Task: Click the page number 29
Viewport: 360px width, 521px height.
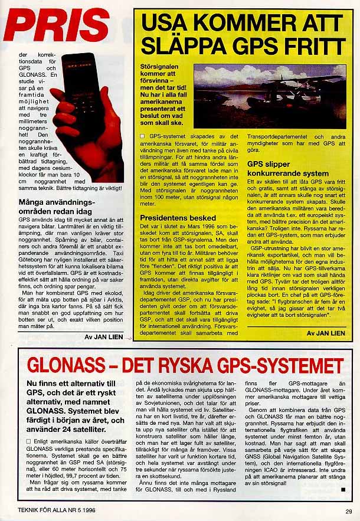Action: pos(348,511)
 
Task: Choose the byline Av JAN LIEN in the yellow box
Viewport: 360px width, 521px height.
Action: pos(325,333)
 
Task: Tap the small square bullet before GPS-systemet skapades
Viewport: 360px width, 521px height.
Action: pos(143,136)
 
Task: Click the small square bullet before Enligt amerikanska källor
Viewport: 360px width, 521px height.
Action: pos(30,441)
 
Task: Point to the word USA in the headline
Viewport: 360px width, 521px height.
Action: pos(168,23)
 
